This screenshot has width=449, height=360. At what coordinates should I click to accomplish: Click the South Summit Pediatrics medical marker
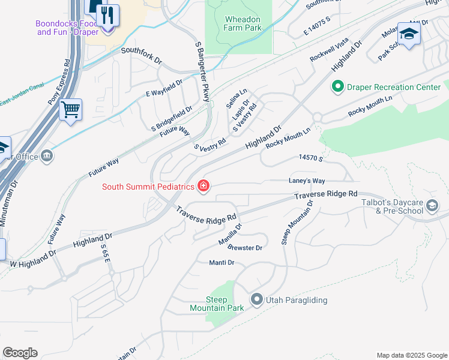(x=203, y=187)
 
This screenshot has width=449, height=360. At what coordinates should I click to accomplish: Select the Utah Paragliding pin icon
(x=257, y=299)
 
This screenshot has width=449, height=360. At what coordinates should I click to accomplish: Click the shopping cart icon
(x=71, y=110)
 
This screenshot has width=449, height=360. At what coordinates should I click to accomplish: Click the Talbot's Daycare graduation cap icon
(x=432, y=207)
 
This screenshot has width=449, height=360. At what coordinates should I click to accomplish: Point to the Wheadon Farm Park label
(x=243, y=23)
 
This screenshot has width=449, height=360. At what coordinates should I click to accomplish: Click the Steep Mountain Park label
(x=208, y=304)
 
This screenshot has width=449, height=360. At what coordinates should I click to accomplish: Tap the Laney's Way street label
(x=306, y=181)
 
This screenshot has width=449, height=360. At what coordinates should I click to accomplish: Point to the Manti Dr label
(x=221, y=263)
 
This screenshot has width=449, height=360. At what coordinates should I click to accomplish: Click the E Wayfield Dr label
(x=164, y=89)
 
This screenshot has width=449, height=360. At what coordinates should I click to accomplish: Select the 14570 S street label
(x=311, y=158)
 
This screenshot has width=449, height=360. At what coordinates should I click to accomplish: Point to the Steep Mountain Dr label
(x=298, y=223)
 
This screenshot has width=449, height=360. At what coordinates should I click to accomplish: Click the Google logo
(x=20, y=353)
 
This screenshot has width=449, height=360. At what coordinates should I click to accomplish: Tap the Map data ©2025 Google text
(x=411, y=355)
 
